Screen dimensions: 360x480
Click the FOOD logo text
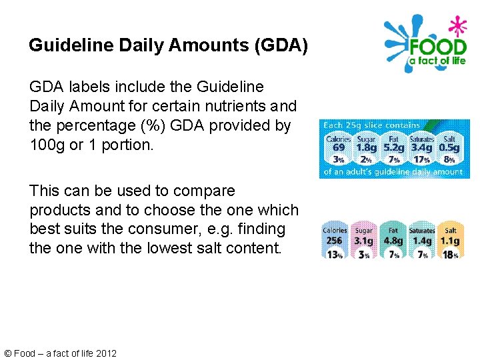pos(437,47)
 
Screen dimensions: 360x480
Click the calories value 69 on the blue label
pos(339,147)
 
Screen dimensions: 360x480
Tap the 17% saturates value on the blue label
pos(421,161)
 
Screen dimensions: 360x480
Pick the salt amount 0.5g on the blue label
pos(449,147)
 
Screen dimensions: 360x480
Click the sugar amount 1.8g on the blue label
pos(366,147)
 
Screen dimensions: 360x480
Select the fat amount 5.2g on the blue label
pos(394,147)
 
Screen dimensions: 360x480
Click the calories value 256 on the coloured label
pos(335,241)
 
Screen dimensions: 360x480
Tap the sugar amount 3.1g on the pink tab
pos(364,241)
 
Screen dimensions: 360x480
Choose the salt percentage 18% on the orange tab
pos(451,254)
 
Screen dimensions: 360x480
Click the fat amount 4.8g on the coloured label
pos(393,241)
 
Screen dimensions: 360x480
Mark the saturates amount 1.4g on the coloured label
pos(422,241)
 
